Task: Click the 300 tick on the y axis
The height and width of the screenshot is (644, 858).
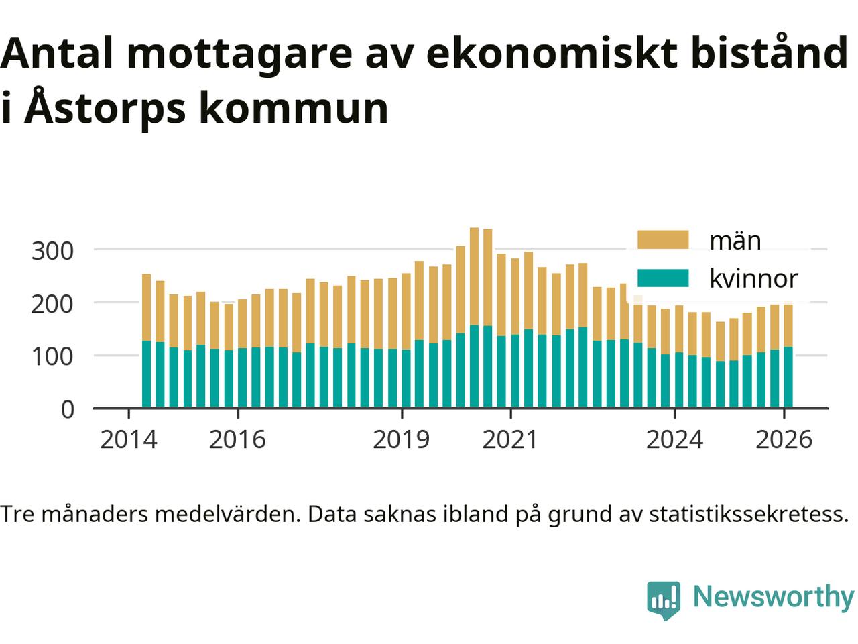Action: [53, 251]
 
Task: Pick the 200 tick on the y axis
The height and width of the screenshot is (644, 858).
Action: [53, 303]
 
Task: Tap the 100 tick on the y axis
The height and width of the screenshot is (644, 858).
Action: [53, 356]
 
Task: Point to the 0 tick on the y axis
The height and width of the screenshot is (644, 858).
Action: [67, 409]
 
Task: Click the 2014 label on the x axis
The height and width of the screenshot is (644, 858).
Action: [128, 440]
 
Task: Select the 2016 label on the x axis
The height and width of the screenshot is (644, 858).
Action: [237, 440]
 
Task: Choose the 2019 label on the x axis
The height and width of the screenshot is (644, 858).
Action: [401, 440]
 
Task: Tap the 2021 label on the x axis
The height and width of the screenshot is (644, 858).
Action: [510, 440]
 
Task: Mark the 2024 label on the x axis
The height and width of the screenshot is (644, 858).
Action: [674, 440]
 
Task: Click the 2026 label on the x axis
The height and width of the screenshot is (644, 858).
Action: [784, 440]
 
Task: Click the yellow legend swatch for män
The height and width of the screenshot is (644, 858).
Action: [662, 240]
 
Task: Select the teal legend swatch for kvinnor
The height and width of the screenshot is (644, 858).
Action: [662, 278]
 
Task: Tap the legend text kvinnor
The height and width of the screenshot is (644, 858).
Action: [753, 278]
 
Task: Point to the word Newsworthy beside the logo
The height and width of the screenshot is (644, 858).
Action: [773, 596]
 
